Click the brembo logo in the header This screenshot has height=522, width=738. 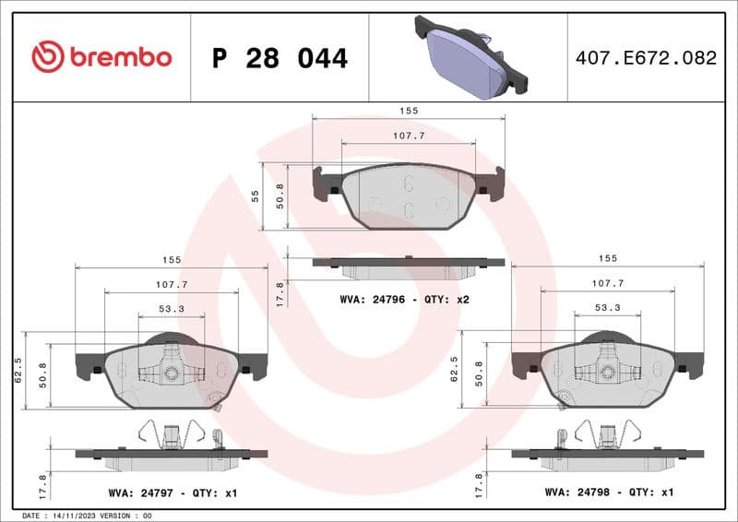click(101, 57)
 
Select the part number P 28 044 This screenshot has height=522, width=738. click(280, 58)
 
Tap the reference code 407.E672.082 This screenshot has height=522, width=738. click(646, 58)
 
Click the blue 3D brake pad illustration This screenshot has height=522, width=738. click(470, 56)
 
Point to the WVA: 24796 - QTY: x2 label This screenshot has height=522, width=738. click(405, 299)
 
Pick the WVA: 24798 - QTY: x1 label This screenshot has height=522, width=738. click(610, 493)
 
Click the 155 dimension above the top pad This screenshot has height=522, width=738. click(409, 111)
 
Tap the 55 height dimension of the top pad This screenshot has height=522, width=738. click(255, 196)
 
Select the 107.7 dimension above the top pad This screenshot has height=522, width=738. click(409, 136)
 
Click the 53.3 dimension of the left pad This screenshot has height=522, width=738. click(171, 309)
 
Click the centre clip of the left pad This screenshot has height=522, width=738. click(171, 373)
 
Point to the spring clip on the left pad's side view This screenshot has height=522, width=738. click(172, 433)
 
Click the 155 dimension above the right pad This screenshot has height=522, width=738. click(607, 258)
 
